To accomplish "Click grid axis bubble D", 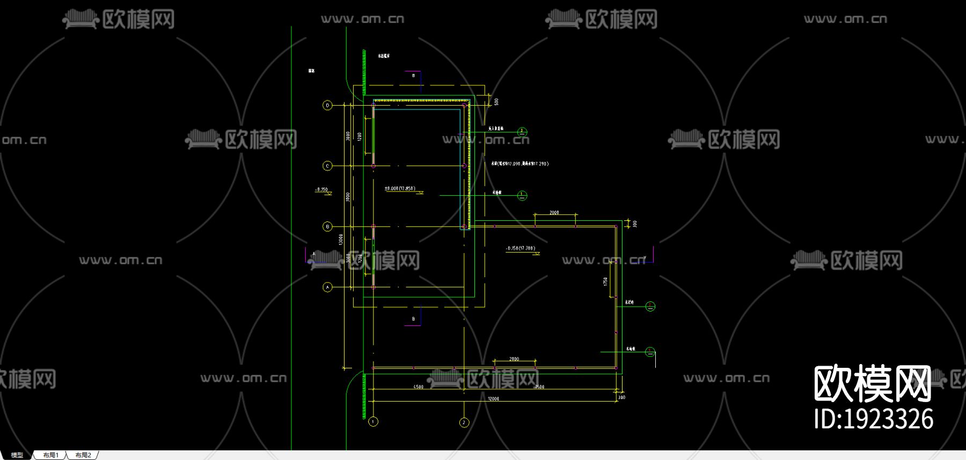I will [327, 106].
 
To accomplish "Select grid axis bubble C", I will [327, 166].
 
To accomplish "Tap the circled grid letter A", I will [327, 287].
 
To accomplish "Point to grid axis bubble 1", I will [374, 421].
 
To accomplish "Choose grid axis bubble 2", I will [464, 422].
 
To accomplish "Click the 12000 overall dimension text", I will [493, 399].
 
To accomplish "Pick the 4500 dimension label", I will [418, 387].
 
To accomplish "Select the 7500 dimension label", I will [539, 387].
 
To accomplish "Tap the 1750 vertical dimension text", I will [605, 281].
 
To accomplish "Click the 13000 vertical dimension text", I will [341, 239].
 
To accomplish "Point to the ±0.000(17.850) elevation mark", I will [400, 189].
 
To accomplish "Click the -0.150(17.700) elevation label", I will [521, 248].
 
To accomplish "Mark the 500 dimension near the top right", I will [496, 101].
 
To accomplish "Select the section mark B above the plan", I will [413, 76].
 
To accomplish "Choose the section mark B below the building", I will [413, 319].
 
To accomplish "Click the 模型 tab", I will [17, 455].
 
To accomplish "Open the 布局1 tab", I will [50, 455].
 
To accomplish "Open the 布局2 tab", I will [83, 455].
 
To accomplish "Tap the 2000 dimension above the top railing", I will [554, 213].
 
